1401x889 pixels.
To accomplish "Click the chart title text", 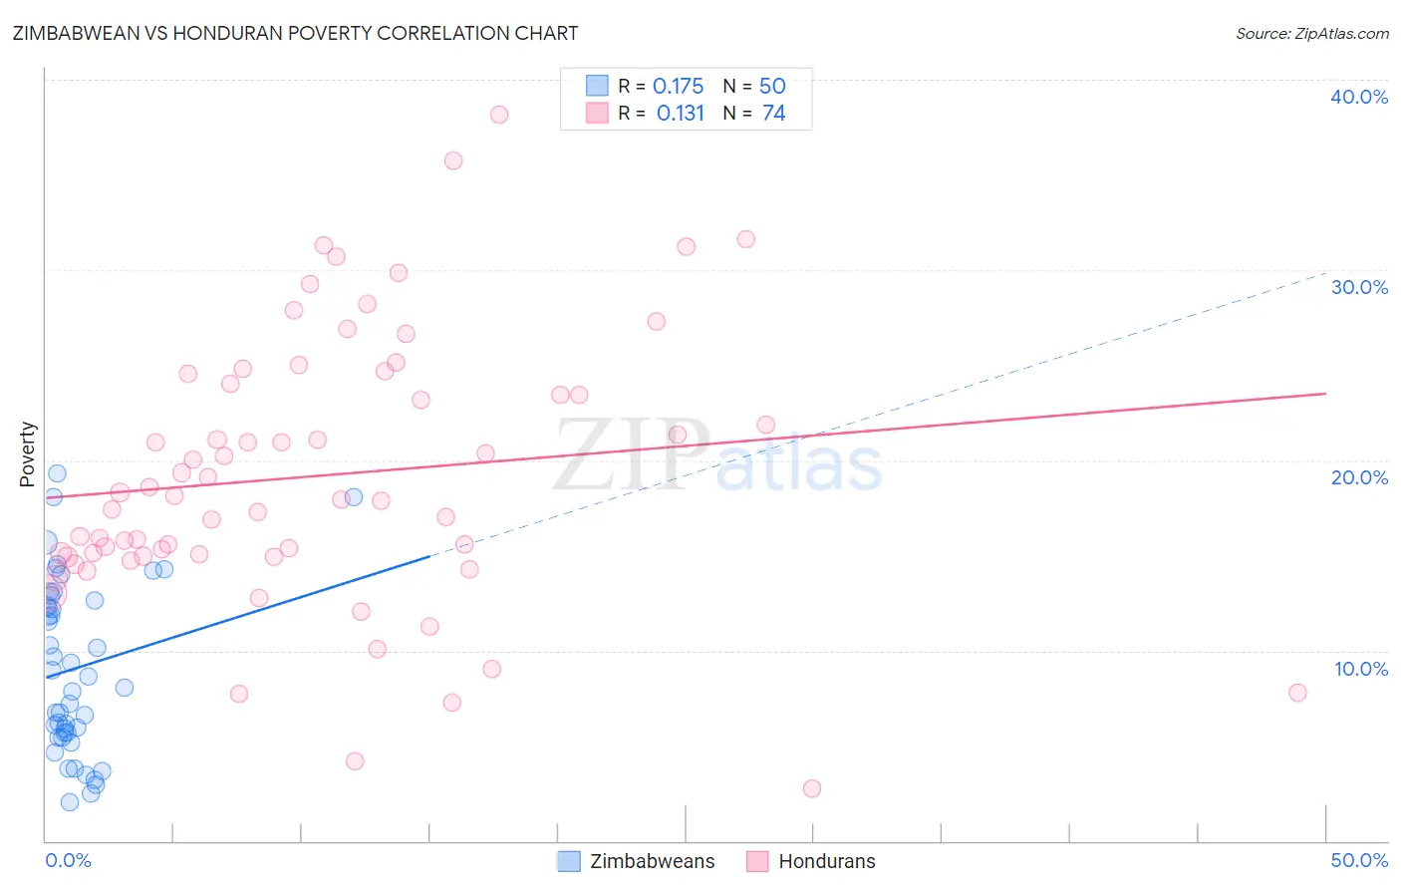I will [x=295, y=33].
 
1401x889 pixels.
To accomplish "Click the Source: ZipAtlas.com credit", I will [x=1311, y=33].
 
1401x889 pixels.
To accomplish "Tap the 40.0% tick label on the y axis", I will [x=1359, y=97].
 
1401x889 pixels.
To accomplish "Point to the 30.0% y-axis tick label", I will [x=1359, y=287].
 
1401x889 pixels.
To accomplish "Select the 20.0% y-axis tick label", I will [x=1359, y=477].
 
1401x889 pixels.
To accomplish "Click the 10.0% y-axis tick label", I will [x=1361, y=669].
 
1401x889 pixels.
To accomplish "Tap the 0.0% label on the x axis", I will [x=68, y=860].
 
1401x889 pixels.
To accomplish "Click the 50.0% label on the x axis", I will [x=1359, y=860].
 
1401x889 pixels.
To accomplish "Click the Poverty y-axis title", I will [x=28, y=454].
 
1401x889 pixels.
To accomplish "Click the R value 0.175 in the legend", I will [x=678, y=87].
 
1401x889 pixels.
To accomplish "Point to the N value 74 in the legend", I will [x=773, y=114].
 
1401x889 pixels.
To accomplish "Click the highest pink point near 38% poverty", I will [x=499, y=115].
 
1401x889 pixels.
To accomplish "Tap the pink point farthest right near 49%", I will [x=1297, y=693].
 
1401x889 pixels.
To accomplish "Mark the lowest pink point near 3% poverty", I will [x=812, y=788].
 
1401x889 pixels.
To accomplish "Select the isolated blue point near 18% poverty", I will [x=354, y=497].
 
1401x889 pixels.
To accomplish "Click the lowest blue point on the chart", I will [x=70, y=802].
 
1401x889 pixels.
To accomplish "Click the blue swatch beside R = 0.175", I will [x=597, y=86].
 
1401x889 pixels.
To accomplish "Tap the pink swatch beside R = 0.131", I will [x=597, y=113].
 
